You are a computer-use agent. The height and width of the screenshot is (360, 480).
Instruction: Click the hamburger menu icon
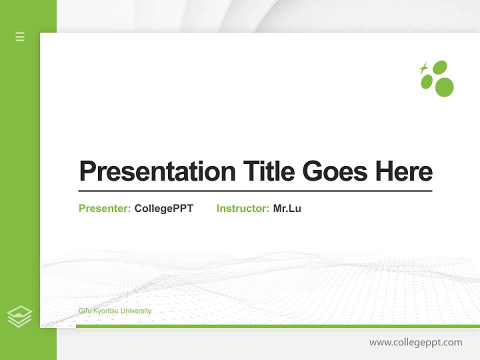click(x=20, y=36)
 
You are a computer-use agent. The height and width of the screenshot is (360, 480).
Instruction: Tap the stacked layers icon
click(x=19, y=316)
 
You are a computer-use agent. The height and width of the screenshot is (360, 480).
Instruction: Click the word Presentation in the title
click(x=157, y=171)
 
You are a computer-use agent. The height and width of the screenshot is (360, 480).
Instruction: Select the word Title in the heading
click(x=268, y=171)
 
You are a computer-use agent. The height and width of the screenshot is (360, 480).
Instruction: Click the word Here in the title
click(x=403, y=171)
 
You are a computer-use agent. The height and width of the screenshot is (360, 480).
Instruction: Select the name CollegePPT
click(x=163, y=208)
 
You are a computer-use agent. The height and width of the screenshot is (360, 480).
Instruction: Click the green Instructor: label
click(x=243, y=208)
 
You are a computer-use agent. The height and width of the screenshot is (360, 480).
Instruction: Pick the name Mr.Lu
click(x=287, y=208)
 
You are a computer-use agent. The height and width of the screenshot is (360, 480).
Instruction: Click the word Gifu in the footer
click(x=85, y=311)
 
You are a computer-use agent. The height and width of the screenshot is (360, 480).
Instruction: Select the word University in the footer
click(x=135, y=311)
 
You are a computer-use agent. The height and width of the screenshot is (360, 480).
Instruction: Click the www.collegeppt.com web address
click(x=415, y=342)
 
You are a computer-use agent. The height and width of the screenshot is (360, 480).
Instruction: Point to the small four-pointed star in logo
click(x=423, y=68)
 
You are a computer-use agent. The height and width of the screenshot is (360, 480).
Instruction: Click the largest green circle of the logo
click(x=444, y=87)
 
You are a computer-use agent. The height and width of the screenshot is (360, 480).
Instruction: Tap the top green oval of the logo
click(x=439, y=67)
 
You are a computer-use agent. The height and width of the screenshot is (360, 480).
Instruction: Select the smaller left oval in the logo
click(x=426, y=81)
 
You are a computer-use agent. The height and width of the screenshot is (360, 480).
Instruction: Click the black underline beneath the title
click(x=255, y=191)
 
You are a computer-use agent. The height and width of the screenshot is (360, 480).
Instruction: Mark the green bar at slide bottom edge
click(x=277, y=326)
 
